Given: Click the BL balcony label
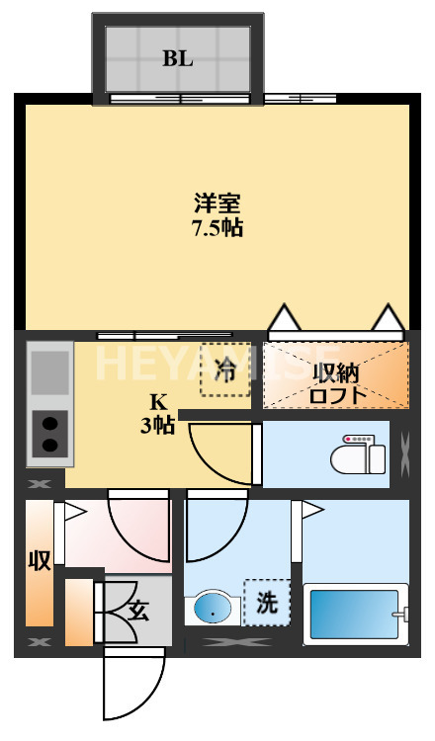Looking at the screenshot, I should [178, 57].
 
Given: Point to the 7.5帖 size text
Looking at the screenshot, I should [217, 228].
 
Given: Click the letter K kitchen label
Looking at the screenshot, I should [157, 403].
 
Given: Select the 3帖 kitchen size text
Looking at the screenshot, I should [157, 426].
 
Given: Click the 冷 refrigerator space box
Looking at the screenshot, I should [225, 370].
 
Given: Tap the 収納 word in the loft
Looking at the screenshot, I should [336, 373].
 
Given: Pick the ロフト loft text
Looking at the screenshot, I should [336, 395].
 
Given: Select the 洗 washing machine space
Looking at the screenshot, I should [267, 603].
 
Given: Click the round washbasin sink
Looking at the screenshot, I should [212, 609].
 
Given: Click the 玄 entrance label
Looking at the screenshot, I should [137, 611].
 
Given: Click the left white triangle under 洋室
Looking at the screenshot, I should [284, 318].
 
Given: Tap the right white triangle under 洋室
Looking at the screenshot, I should [388, 318].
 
